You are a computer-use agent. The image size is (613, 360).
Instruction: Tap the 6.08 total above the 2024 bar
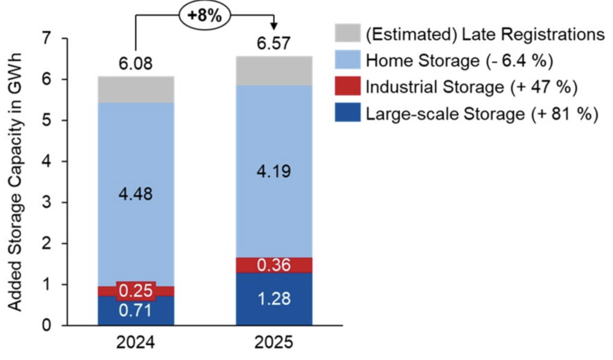(135, 65)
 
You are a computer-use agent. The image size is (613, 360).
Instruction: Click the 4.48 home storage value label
(135, 194)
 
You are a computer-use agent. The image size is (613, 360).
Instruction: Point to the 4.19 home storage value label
(274, 171)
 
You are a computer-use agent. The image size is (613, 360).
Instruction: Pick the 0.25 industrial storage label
(135, 291)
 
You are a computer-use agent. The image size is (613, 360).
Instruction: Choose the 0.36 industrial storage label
(274, 266)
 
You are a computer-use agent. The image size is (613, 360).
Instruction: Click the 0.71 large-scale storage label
(135, 310)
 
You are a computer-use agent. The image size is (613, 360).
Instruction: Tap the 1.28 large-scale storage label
(274, 298)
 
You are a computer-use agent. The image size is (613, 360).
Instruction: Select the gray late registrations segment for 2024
(135, 90)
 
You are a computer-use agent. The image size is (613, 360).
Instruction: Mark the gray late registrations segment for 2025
(274, 71)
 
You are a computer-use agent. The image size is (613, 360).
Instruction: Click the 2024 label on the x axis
(135, 342)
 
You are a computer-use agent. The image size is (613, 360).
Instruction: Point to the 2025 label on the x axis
(274, 342)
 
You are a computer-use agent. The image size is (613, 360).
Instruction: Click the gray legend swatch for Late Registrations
(348, 34)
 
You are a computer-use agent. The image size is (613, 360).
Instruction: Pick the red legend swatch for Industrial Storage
(348, 87)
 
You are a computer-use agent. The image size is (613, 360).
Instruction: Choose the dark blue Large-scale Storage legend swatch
(348, 113)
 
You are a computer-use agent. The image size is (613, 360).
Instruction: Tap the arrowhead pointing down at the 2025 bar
(274, 26)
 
